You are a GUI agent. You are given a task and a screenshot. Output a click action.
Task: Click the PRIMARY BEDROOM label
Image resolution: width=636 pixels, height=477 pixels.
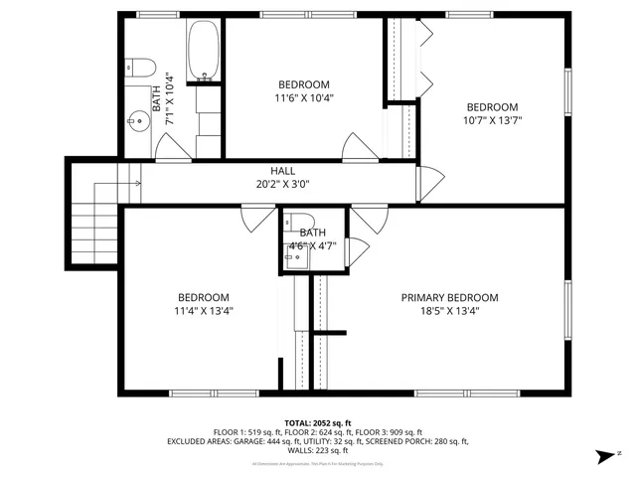coord(449,297)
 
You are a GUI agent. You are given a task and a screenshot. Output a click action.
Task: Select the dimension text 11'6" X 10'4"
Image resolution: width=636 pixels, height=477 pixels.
coord(303,97)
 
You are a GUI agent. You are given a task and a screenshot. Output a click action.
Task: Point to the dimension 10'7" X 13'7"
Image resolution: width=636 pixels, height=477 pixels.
coord(492,120)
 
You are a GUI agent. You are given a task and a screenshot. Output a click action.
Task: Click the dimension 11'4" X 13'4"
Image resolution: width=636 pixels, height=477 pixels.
coord(204,310)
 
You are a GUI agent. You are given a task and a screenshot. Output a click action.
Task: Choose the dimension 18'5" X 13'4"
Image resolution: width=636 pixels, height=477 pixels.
coord(449,310)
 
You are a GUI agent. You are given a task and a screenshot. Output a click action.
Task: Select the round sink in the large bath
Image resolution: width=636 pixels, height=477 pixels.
coord(139,123)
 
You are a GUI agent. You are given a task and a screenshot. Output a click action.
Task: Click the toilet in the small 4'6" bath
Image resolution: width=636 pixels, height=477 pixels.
coord(303,222)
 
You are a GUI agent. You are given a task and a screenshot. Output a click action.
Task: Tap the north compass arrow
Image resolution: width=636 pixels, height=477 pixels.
coord(601,456)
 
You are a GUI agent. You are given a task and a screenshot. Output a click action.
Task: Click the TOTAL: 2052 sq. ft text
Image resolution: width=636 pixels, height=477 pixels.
coord(318,422)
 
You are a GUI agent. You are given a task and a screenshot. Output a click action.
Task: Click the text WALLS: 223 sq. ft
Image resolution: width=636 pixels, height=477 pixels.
coord(318,450)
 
